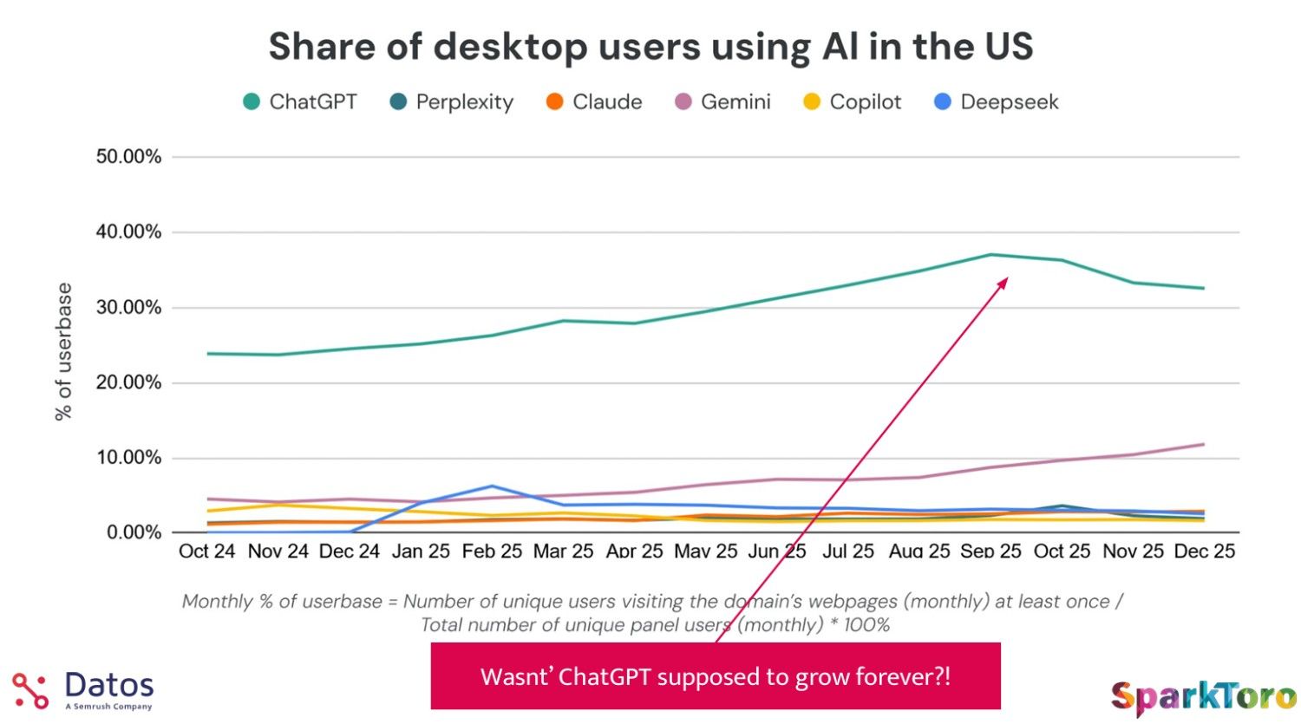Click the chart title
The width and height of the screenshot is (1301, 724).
click(650, 46)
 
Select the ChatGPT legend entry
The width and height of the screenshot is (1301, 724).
click(300, 102)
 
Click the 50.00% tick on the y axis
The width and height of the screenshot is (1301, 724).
click(128, 157)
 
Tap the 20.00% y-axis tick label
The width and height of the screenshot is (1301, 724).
click(128, 382)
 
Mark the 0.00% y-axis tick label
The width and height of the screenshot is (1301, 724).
click(134, 532)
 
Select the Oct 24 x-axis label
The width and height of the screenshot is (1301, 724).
click(206, 551)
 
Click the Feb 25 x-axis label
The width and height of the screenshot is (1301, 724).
click(492, 551)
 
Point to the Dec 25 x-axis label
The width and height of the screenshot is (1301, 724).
click(1204, 551)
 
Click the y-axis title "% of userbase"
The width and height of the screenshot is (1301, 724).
click(63, 351)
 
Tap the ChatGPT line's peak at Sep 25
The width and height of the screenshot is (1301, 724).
click(990, 255)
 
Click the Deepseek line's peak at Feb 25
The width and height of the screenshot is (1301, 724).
click(492, 486)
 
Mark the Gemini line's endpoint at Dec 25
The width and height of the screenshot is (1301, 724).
click(1204, 445)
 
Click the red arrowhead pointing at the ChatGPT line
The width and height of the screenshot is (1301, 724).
click(1004, 282)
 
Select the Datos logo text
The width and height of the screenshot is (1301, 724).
click(109, 686)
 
